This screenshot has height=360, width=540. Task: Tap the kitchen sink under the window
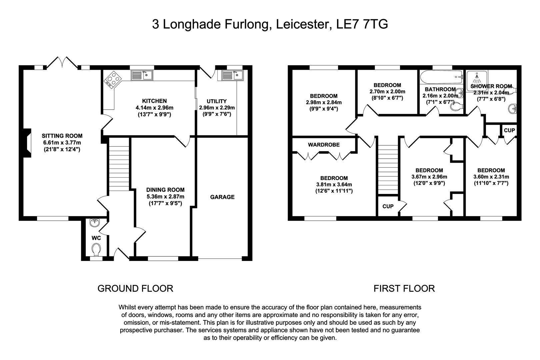pyautogui.click(x=142, y=75)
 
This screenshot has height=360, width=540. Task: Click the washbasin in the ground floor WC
pyautogui.click(x=94, y=223)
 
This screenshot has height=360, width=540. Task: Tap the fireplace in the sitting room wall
pyautogui.click(x=27, y=143)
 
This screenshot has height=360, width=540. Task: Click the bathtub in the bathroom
pyautogui.click(x=441, y=77)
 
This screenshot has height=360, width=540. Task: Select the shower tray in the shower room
pyautogui.click(x=477, y=81)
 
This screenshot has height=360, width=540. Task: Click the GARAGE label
pyautogui.click(x=222, y=197)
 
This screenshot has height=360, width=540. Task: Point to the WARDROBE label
pyautogui.click(x=324, y=145)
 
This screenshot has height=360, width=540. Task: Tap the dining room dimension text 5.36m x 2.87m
pyautogui.click(x=165, y=197)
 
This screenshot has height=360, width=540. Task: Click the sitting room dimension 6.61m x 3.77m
pyautogui.click(x=62, y=143)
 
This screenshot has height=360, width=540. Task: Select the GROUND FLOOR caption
pyautogui.click(x=135, y=289)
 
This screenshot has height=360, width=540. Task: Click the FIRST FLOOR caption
pyautogui.click(x=404, y=289)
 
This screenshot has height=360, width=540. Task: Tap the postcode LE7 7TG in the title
pyautogui.click(x=362, y=24)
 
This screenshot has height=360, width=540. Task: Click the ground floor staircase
pyautogui.click(x=119, y=164)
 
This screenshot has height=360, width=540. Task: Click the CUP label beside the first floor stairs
pyautogui.click(x=388, y=206)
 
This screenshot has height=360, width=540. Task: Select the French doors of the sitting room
pyautogui.click(x=62, y=62)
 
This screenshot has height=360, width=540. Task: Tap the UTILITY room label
pyautogui.click(x=217, y=101)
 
